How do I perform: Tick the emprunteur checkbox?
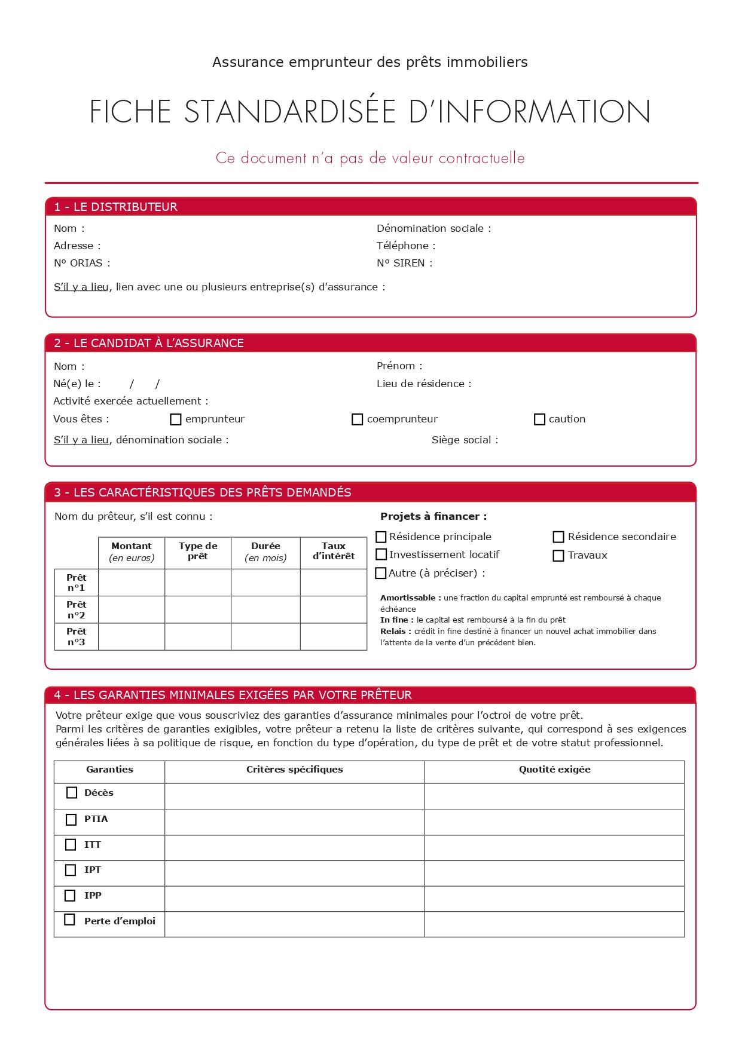[x=175, y=419]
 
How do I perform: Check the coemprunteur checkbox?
[x=357, y=419]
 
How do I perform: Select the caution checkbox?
[x=539, y=419]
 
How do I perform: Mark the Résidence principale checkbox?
[x=381, y=537]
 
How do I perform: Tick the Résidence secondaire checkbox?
[x=558, y=537]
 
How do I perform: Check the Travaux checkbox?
[x=558, y=556]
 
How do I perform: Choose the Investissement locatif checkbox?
[x=381, y=555]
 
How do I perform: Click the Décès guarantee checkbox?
[x=72, y=793]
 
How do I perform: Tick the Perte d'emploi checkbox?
[x=70, y=920]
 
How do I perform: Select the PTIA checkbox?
[x=71, y=820]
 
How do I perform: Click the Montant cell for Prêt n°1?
[x=132, y=583]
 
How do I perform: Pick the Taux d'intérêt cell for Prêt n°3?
[x=333, y=636]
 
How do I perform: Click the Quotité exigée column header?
[x=554, y=770]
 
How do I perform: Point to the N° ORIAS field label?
[x=82, y=263]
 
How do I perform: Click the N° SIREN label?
[x=404, y=263]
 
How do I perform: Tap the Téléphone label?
[x=406, y=246]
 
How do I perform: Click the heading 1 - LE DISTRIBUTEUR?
[x=116, y=207]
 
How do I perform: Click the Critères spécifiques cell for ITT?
[x=294, y=848]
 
